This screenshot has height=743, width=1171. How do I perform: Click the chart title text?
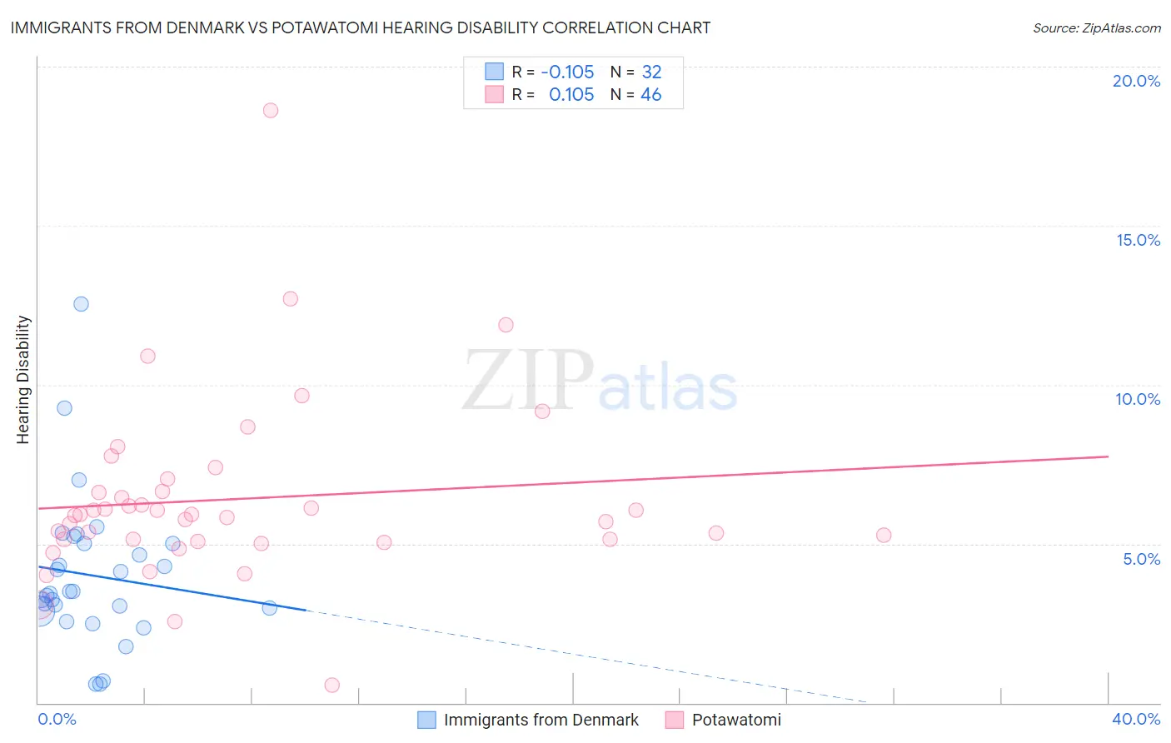(x=360, y=27)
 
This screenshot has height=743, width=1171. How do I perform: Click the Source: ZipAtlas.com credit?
(x=1096, y=27)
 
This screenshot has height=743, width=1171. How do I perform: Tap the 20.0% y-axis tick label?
(x=1136, y=81)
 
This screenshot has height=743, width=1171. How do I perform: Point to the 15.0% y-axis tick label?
(x=1138, y=240)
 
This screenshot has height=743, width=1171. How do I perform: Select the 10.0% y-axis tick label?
(x=1138, y=399)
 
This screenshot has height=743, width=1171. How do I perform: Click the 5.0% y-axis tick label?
(x=1141, y=559)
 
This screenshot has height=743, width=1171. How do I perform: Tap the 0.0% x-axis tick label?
(x=57, y=719)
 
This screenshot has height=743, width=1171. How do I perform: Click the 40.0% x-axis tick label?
(x=1136, y=719)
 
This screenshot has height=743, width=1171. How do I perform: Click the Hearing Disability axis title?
(x=23, y=380)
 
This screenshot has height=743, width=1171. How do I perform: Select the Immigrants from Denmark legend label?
(x=541, y=720)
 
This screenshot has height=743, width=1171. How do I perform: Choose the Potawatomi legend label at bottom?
(x=736, y=720)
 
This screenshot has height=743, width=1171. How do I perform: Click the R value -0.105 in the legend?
(x=567, y=72)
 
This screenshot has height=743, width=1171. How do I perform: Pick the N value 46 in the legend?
(x=650, y=95)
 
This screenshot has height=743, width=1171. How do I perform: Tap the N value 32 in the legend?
(x=651, y=72)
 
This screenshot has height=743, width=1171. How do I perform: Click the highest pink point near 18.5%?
(x=270, y=110)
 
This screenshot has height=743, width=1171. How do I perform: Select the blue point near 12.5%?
(x=81, y=304)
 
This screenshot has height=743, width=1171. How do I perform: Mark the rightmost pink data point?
(x=884, y=535)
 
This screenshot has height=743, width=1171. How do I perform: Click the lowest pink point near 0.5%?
(x=331, y=685)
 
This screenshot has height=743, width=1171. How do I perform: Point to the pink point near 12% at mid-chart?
(x=506, y=325)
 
